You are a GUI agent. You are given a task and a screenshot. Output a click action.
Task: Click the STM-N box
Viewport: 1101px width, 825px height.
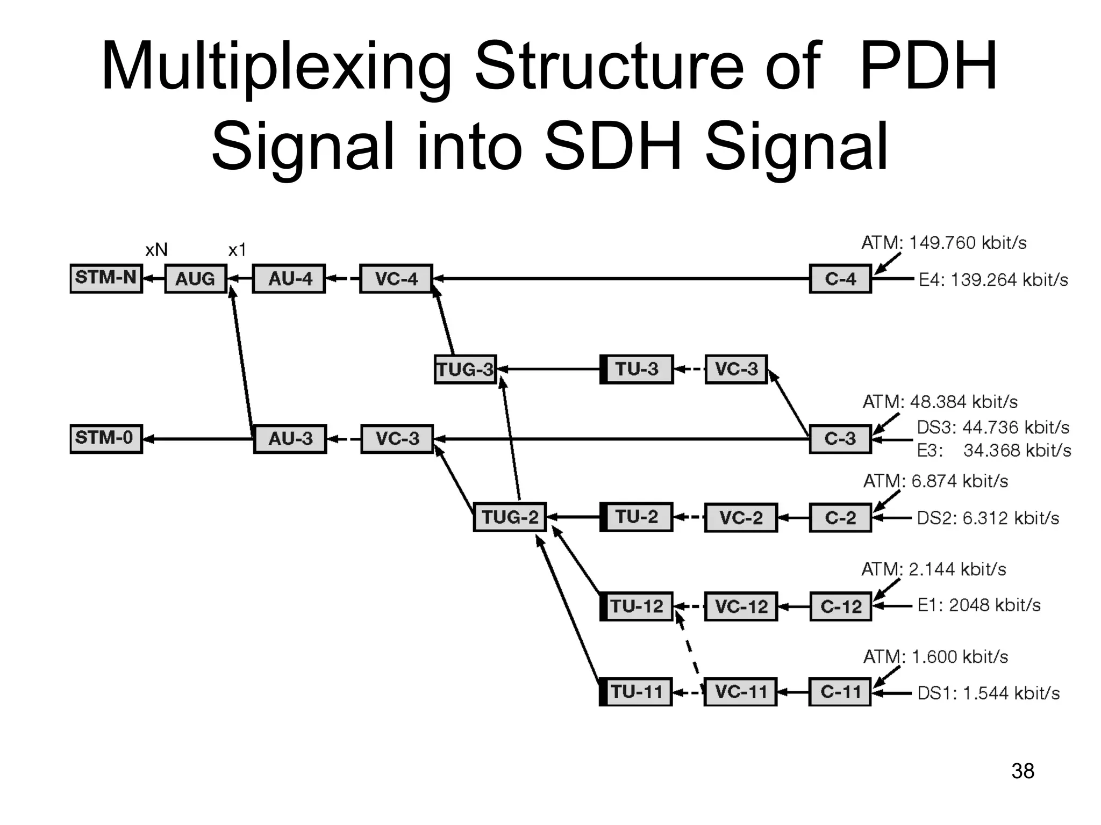tap(106, 278)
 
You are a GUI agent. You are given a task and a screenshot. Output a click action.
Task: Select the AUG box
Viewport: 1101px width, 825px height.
tap(195, 279)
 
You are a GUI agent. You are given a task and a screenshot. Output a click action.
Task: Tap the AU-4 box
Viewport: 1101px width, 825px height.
tap(289, 279)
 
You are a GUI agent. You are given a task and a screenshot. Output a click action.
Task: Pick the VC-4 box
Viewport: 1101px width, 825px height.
tap(396, 279)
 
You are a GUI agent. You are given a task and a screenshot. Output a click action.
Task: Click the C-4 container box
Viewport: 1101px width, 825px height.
tap(840, 279)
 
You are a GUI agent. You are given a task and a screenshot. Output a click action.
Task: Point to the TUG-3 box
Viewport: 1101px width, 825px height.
tap(465, 370)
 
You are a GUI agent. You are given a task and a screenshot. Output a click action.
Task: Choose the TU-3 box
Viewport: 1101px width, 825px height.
tap(637, 370)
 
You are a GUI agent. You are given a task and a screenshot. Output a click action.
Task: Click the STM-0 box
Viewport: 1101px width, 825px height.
tap(106, 439)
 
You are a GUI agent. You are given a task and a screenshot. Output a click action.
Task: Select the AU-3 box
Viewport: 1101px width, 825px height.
tap(290, 439)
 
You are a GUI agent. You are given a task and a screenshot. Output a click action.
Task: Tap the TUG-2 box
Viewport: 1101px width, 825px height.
tap(510, 517)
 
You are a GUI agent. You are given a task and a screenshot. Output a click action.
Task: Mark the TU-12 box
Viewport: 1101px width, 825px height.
tap(637, 606)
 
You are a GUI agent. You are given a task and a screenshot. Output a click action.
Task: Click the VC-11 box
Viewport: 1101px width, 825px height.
tap(740, 692)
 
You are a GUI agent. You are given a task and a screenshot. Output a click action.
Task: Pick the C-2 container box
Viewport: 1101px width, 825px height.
tap(840, 518)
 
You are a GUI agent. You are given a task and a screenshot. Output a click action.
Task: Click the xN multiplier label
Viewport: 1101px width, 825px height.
tap(156, 250)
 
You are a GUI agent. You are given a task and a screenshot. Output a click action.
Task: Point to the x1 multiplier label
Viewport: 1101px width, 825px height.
tap(237, 250)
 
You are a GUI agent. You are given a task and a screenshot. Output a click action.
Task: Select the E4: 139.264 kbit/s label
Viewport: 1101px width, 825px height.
tap(993, 280)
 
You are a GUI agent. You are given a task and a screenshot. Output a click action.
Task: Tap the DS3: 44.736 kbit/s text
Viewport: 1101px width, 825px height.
tap(993, 427)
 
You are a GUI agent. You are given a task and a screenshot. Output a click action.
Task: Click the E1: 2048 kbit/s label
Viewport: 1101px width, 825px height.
tap(978, 605)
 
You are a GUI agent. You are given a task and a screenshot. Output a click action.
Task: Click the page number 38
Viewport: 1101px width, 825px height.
tap(1023, 771)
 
